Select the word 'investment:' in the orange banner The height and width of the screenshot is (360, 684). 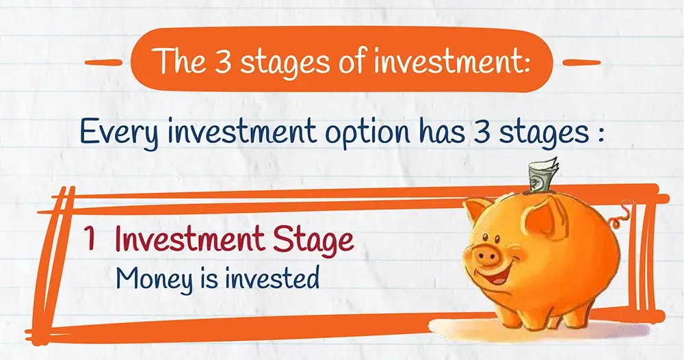(x=451, y=60)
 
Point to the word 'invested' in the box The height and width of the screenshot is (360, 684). (x=272, y=277)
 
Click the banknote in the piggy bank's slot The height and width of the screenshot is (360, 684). (x=543, y=175)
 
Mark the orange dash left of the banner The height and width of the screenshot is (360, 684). (x=103, y=62)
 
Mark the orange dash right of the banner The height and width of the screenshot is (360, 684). (x=581, y=63)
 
